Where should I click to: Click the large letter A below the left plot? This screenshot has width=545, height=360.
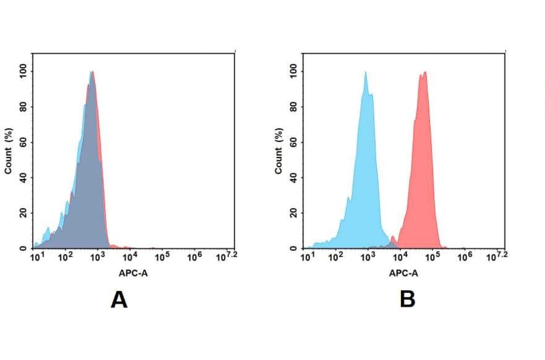(x=119, y=299)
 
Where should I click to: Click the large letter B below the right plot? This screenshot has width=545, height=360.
(x=407, y=299)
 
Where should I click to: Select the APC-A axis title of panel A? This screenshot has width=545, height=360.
(x=133, y=273)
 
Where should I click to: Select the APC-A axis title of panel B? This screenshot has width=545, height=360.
(x=403, y=273)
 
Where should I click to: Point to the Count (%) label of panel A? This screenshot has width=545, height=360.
(x=8, y=151)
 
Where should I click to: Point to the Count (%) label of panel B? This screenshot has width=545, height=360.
(x=279, y=151)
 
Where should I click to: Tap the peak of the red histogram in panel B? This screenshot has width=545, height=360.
(x=423, y=73)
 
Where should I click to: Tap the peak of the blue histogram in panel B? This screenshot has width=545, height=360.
(x=365, y=73)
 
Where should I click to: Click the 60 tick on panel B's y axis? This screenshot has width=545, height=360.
(x=293, y=142)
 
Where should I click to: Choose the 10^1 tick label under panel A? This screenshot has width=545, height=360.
(x=37, y=256)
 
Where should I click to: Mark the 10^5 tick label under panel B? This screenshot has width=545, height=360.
(x=432, y=256)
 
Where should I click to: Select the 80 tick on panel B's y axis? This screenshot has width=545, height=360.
(x=293, y=107)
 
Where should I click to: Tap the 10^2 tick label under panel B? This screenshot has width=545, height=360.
(x=336, y=256)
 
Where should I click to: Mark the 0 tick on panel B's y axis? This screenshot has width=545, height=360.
(x=293, y=248)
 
